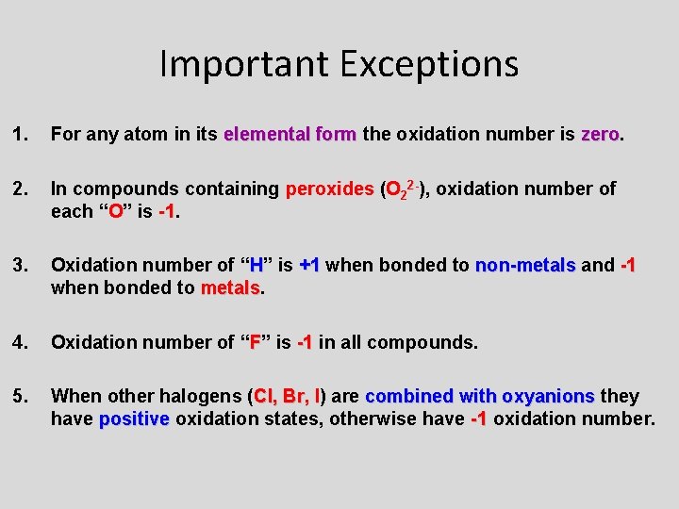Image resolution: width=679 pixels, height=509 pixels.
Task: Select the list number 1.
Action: [x=20, y=135]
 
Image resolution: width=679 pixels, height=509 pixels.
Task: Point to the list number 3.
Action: [x=20, y=266]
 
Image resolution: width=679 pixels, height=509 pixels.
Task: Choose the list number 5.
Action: [x=20, y=396]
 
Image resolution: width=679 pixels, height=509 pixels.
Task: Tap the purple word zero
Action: [x=600, y=135]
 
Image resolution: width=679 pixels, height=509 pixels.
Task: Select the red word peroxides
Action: [x=329, y=189]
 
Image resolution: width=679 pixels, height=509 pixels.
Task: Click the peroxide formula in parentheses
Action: [x=405, y=189]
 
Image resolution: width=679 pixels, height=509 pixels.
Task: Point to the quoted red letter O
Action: [x=116, y=211]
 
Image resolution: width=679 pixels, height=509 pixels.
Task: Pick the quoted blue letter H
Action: [x=255, y=266]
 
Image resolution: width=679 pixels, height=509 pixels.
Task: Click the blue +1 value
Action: [x=309, y=266]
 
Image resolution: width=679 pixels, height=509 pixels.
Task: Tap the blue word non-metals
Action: [x=525, y=266]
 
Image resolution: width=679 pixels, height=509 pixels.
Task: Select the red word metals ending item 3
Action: [x=230, y=287]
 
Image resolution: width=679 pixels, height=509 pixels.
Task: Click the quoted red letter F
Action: [x=254, y=342]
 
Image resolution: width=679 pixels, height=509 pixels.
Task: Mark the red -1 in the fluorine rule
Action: [x=305, y=342]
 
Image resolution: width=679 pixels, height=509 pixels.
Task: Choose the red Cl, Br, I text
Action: [x=288, y=396]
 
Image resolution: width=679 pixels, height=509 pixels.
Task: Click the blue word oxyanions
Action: [x=548, y=396]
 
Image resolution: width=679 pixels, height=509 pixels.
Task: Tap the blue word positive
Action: [x=134, y=418]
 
